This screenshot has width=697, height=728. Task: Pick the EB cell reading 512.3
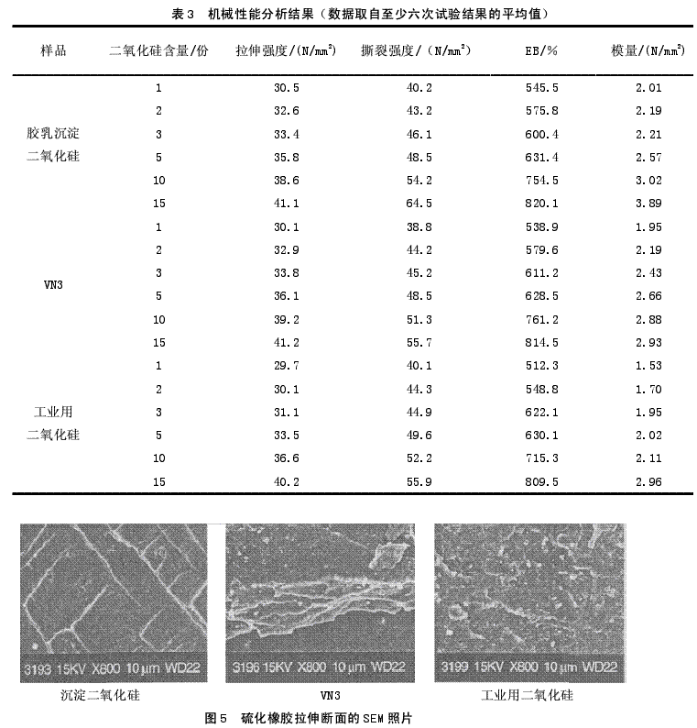tap(537, 365)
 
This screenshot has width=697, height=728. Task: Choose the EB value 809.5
tap(537, 480)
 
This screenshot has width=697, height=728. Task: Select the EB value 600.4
tap(537, 135)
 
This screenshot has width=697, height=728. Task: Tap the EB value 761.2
tap(537, 319)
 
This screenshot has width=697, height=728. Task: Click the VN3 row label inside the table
tap(53, 284)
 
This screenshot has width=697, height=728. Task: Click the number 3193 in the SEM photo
tap(39, 667)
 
